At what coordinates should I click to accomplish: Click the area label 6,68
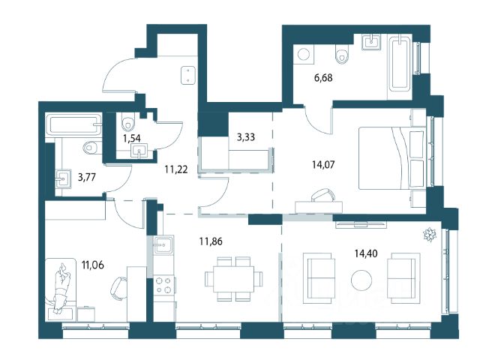pyautogui.click(x=323, y=78)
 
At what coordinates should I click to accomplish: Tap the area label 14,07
pyautogui.click(x=323, y=165)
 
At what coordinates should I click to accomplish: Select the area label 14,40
pyautogui.click(x=366, y=253)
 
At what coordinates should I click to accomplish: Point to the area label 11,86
pyautogui.click(x=211, y=241)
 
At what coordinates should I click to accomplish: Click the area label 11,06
pyautogui.click(x=93, y=265)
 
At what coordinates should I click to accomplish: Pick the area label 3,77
pyautogui.click(x=87, y=177)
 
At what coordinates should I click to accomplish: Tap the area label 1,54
pyautogui.click(x=132, y=138)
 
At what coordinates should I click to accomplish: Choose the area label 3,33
pyautogui.click(x=246, y=136)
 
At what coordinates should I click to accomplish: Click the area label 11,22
pyautogui.click(x=176, y=169)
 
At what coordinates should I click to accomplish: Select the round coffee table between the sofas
pyautogui.click(x=361, y=280)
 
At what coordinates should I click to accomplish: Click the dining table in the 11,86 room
pyautogui.click(x=234, y=279)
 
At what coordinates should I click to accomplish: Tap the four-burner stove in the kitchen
pyautogui.click(x=164, y=285)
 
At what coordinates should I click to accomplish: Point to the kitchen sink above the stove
pyautogui.click(x=163, y=245)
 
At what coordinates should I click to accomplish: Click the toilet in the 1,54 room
pyautogui.click(x=128, y=121)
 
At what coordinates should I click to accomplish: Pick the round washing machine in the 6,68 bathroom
pyautogui.click(x=304, y=55)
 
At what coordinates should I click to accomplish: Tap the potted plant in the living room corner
pyautogui.click(x=429, y=235)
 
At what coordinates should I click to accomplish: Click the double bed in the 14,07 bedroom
pyautogui.click(x=392, y=158)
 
